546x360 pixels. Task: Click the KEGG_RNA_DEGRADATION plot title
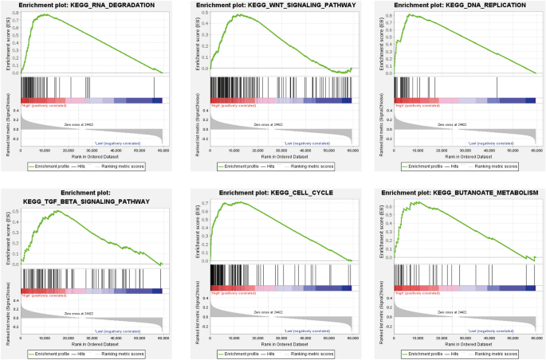point(92,6)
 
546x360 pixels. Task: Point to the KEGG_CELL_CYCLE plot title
point(275,193)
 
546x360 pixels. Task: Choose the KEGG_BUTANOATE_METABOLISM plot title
point(460,193)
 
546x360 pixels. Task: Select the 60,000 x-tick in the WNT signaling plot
point(351,151)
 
